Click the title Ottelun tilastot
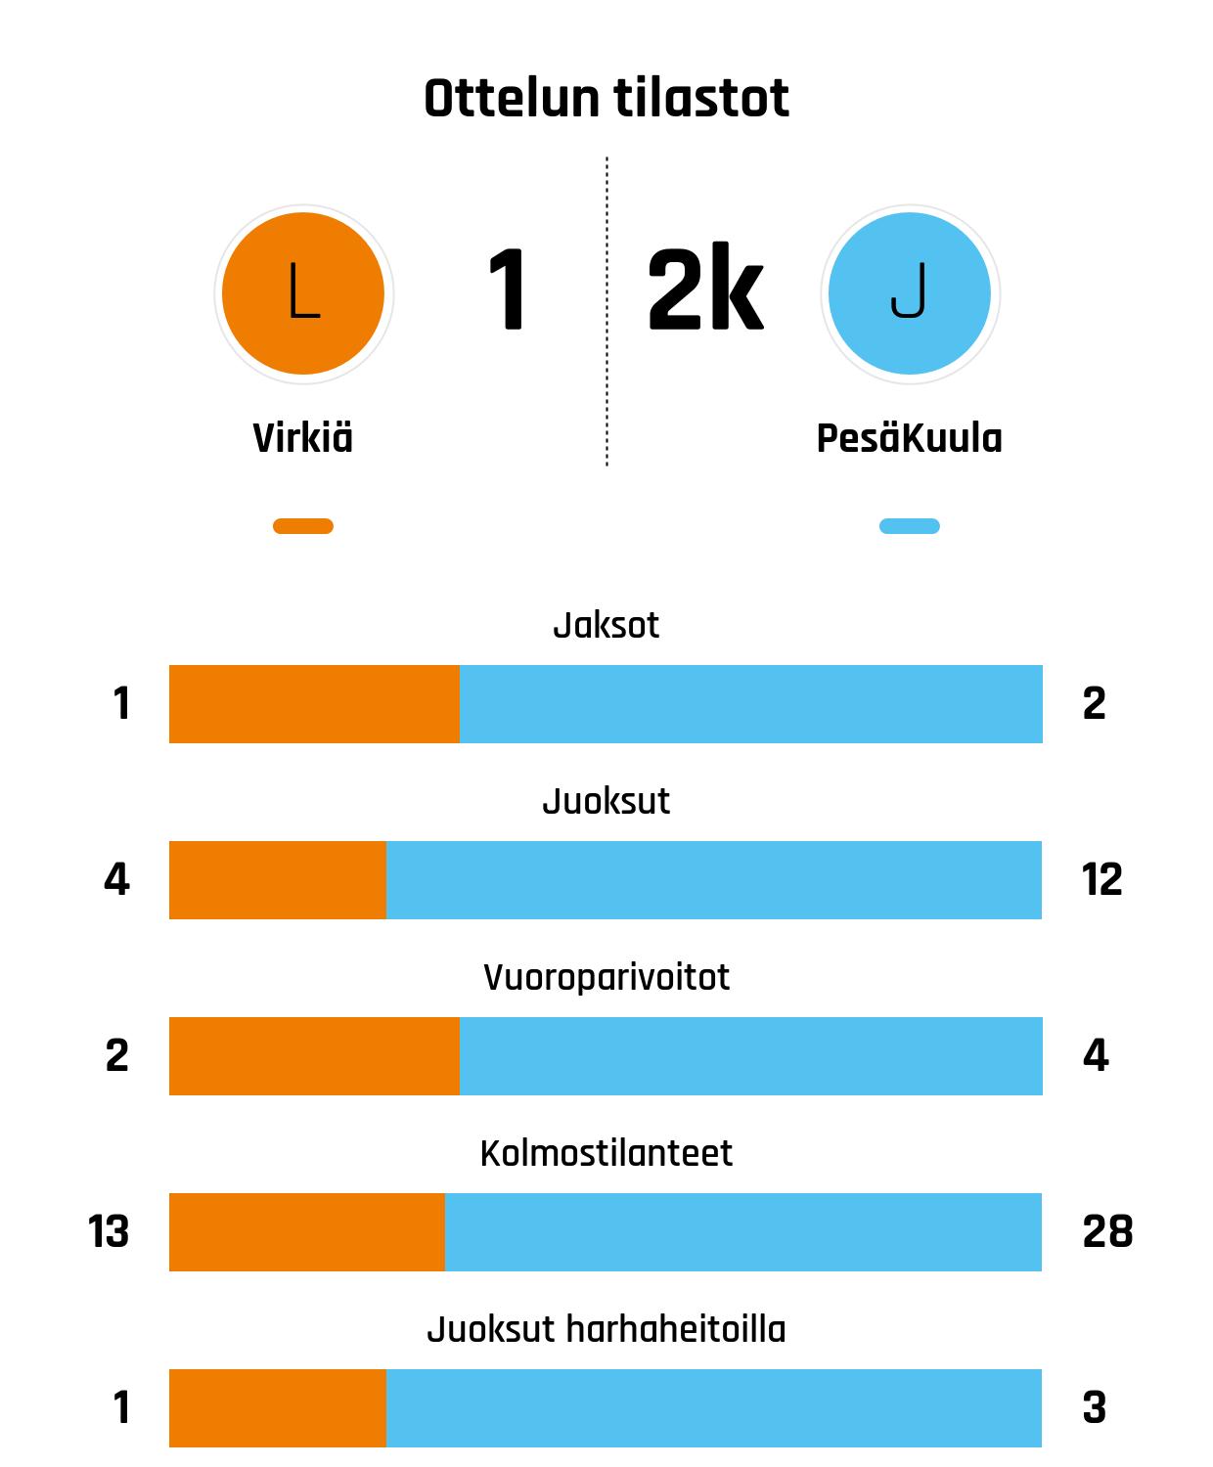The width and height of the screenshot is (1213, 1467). click(x=606, y=99)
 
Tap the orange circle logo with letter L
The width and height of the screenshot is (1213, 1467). click(x=303, y=293)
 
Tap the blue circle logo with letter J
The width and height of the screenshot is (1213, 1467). click(x=910, y=293)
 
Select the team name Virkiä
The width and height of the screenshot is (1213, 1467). click(x=303, y=438)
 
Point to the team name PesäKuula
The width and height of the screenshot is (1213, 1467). click(x=909, y=438)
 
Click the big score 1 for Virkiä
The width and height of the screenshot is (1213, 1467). click(x=508, y=290)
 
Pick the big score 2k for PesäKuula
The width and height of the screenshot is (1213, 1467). click(x=704, y=290)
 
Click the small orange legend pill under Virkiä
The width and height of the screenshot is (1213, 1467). click(x=303, y=526)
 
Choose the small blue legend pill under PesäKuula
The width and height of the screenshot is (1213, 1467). click(x=910, y=526)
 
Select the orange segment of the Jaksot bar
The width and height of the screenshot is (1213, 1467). click(x=314, y=704)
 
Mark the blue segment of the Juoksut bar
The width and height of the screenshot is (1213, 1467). click(x=714, y=880)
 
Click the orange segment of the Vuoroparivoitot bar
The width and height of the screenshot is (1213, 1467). click(x=314, y=1056)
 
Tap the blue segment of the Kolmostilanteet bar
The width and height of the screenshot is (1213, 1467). click(x=743, y=1232)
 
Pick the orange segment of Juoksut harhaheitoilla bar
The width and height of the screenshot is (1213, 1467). click(x=278, y=1408)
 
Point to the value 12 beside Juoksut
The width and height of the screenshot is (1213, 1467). click(x=1101, y=880)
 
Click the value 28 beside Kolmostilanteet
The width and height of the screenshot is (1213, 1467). click(x=1107, y=1232)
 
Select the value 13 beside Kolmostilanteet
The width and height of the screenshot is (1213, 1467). click(x=109, y=1232)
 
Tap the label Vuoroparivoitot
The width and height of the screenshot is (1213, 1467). click(x=606, y=978)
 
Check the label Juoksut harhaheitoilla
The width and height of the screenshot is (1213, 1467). click(x=606, y=1330)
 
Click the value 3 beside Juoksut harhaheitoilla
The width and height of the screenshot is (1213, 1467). click(x=1095, y=1408)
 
